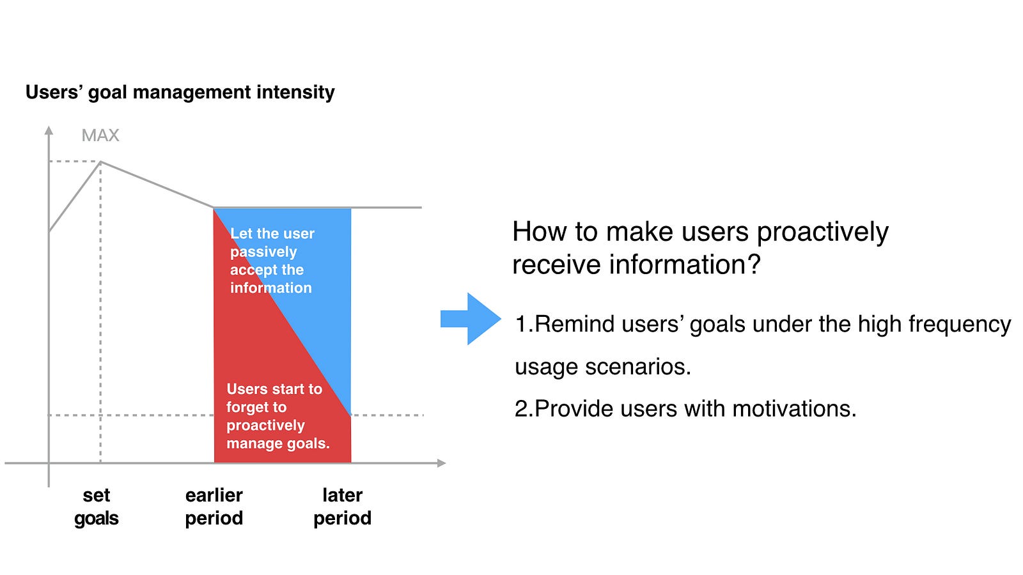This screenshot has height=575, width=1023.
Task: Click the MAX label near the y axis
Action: (100, 135)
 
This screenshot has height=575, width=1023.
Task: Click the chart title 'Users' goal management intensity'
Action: (180, 93)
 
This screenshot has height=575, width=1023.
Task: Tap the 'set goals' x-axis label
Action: (97, 507)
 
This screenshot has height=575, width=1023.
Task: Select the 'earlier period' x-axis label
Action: (214, 507)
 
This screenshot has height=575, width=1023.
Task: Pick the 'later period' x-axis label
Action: (342, 507)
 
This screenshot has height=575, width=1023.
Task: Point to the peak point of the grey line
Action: (100, 162)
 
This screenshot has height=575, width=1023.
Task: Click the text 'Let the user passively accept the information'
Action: (272, 261)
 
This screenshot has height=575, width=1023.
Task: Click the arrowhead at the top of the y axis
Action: (49, 130)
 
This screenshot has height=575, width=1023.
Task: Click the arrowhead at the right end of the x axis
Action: (441, 463)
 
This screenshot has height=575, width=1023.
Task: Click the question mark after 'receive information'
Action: (754, 264)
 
